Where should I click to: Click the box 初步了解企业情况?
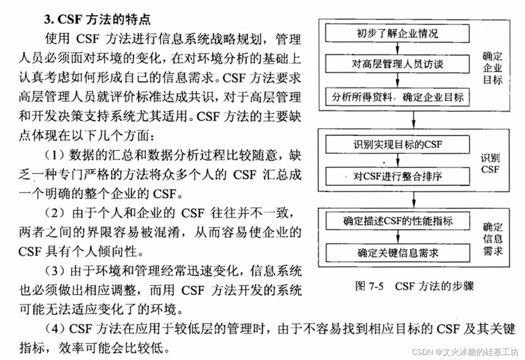[397, 33]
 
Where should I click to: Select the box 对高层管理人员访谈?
[397, 64]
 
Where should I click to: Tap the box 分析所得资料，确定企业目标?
[397, 97]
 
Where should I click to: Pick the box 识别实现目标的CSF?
[397, 145]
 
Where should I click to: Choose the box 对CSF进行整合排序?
[397, 176]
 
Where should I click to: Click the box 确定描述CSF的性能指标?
[397, 221]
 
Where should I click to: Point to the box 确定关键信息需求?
[397, 253]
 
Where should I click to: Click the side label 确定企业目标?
[492, 68]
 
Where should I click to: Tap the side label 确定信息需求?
[493, 239]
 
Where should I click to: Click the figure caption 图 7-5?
[369, 286]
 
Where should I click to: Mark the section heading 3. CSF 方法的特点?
[97, 19]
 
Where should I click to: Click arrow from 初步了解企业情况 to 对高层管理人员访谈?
[397, 49]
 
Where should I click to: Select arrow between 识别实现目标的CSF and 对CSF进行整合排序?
[397, 160]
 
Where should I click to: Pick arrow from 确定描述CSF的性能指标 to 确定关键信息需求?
[397, 237]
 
